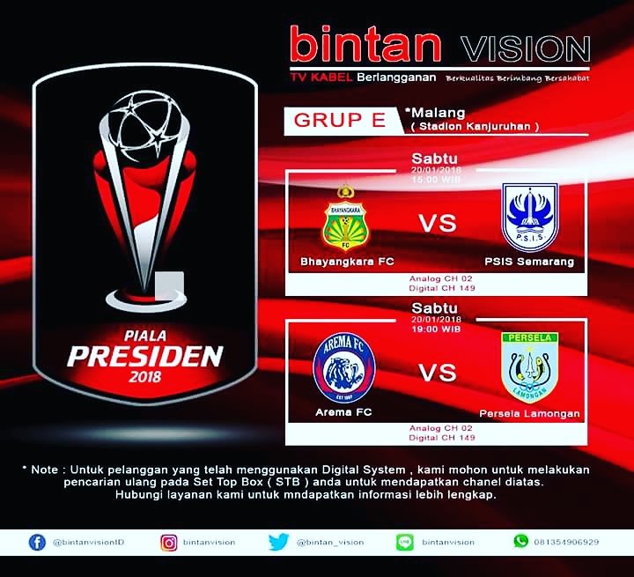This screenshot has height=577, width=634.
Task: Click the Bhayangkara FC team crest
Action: [x=345, y=218]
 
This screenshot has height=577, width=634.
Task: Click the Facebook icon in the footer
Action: [x=37, y=542]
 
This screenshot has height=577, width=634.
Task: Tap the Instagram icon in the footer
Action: [x=168, y=542]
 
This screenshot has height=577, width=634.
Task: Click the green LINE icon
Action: [x=405, y=542]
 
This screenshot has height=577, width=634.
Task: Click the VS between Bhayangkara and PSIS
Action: [x=438, y=224]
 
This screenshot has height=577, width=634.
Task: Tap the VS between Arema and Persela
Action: [x=438, y=373]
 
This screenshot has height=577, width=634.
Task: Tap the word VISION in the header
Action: [x=529, y=46]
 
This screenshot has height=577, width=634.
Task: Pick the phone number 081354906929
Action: [x=568, y=542]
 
